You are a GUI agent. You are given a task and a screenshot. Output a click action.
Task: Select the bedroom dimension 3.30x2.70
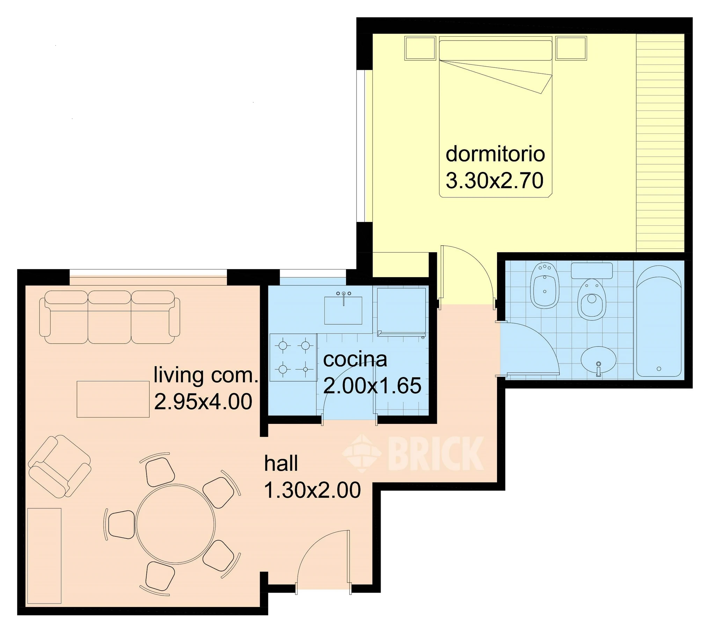click(x=495, y=181)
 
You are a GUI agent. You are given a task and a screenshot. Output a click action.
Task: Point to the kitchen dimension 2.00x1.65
click(x=372, y=386)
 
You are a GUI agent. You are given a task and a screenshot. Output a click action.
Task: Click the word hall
click(x=281, y=463)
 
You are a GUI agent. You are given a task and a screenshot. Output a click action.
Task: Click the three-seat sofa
click(x=109, y=317)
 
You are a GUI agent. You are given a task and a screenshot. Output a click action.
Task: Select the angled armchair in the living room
click(x=59, y=466)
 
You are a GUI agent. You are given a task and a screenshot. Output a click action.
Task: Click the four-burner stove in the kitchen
click(x=293, y=357)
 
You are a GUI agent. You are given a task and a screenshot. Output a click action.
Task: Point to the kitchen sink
click(x=343, y=310)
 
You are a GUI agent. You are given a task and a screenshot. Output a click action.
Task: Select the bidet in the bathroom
click(x=545, y=286)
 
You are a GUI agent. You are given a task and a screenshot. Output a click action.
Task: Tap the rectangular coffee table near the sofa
click(x=113, y=399)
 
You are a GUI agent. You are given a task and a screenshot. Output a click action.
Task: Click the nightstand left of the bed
click(x=420, y=48)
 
